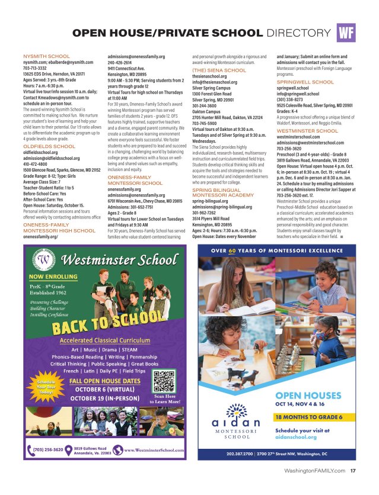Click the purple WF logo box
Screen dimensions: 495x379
[346, 33]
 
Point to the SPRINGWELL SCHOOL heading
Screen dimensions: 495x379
[305, 82]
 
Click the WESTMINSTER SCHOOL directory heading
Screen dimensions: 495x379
[307, 130]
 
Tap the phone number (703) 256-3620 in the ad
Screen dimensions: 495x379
[48, 449]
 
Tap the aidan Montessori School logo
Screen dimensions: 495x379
[235, 425]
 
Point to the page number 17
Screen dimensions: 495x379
[353, 471]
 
